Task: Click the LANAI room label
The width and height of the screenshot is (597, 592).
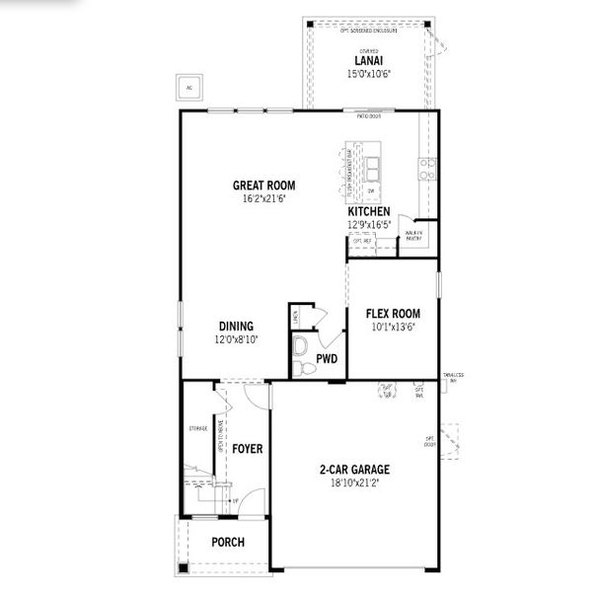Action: pyautogui.click(x=369, y=61)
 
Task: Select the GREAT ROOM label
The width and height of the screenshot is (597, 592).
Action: pyautogui.click(x=263, y=185)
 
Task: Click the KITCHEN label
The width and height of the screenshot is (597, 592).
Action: pyautogui.click(x=369, y=211)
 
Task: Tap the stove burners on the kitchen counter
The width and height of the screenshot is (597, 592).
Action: pyautogui.click(x=427, y=170)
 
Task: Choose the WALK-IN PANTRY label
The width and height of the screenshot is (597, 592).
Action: pyautogui.click(x=414, y=236)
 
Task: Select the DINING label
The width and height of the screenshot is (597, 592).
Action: pyautogui.click(x=236, y=327)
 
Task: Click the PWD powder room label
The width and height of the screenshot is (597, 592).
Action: pyautogui.click(x=327, y=359)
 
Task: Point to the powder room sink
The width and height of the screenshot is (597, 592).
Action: pyautogui.click(x=301, y=344)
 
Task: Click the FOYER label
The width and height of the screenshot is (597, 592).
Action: pyautogui.click(x=247, y=449)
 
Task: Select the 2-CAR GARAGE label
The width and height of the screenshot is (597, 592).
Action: pyautogui.click(x=355, y=470)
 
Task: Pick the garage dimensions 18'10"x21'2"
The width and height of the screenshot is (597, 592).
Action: pyautogui.click(x=355, y=483)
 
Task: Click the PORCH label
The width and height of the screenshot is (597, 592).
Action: pyautogui.click(x=228, y=542)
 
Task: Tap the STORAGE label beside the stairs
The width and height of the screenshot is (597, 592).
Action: pyautogui.click(x=197, y=429)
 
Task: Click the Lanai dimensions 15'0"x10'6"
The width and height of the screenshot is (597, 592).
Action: pyautogui.click(x=369, y=74)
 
